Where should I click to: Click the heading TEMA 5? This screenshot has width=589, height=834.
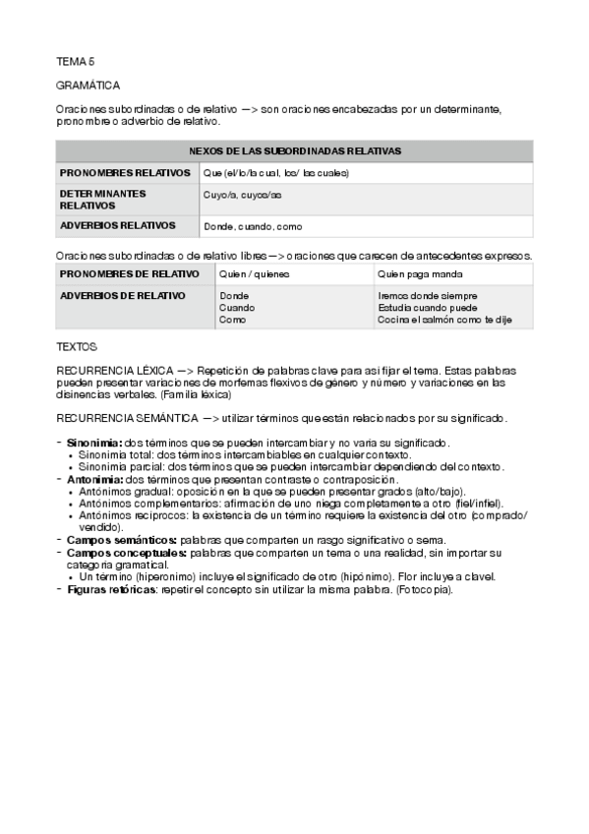click(x=75, y=60)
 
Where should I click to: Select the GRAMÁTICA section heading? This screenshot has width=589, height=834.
click(x=88, y=86)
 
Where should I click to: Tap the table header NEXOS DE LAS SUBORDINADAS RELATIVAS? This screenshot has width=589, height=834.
click(x=294, y=151)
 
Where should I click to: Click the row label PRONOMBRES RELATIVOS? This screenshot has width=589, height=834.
click(x=124, y=173)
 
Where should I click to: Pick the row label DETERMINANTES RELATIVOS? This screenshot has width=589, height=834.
click(x=102, y=200)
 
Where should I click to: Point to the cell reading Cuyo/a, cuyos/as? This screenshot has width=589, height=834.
click(x=242, y=195)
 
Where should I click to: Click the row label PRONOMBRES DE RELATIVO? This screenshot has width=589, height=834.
click(x=129, y=273)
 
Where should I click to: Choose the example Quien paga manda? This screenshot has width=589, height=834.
click(x=420, y=274)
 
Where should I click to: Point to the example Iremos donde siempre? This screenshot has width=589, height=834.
click(x=428, y=295)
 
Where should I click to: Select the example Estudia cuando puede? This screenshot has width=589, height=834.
click(x=429, y=307)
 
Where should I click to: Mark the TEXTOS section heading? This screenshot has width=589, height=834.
click(x=77, y=347)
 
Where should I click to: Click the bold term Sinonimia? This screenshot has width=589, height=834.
click(x=95, y=444)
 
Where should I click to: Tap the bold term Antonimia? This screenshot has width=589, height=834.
click(x=95, y=479)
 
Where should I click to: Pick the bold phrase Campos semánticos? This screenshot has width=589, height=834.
click(x=122, y=539)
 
